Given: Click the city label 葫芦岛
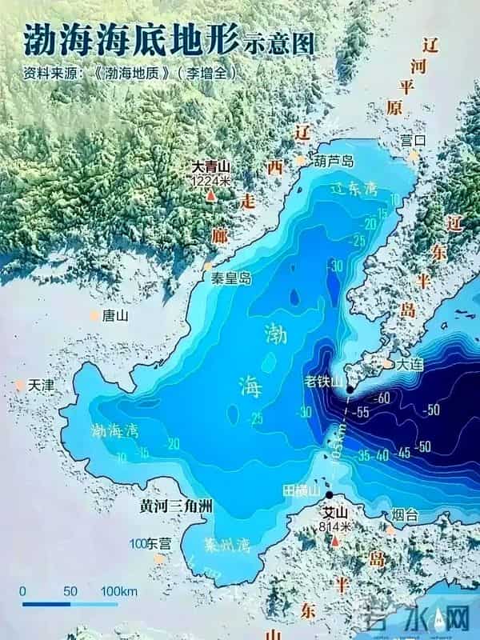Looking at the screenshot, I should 334,161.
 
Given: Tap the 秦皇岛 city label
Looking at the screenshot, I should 231,279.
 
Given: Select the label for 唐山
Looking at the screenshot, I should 115,315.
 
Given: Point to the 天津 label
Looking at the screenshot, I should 41,385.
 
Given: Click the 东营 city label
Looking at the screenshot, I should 155,544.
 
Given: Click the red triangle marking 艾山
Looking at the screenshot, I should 334,542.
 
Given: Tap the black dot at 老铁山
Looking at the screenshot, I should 350,390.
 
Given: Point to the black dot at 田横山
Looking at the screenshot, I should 329,495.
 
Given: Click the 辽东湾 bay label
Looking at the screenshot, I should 354,189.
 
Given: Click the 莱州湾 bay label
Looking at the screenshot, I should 226,546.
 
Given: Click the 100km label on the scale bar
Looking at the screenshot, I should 116,591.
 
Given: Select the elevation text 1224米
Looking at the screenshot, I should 210,182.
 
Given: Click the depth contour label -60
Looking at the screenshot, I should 380,398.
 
